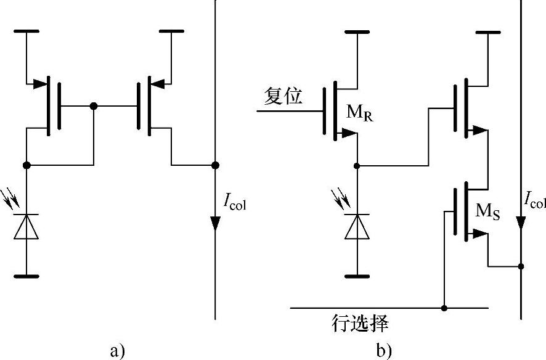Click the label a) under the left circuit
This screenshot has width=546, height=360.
pos(117,351)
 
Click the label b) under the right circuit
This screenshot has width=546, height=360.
pos(383,351)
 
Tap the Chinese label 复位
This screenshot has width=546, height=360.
pos(283,97)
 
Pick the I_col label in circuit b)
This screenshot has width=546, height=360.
pos(534,200)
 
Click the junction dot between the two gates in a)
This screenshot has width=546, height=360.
pos(93,106)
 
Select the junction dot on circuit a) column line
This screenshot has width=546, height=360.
pos(215,165)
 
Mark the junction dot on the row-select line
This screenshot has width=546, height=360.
pos(444,306)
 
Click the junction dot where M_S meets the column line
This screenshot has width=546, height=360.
pos(521,266)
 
